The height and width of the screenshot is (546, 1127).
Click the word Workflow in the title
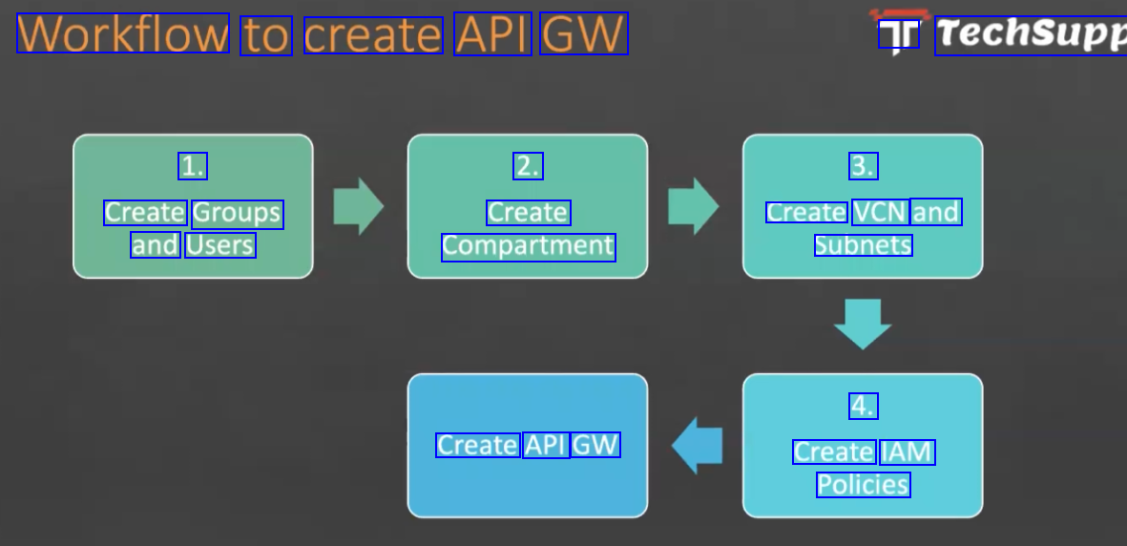coord(123,33)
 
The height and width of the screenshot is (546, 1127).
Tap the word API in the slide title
coord(492,33)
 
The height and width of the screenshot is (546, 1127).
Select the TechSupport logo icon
coord(899,34)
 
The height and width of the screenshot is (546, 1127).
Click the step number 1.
coord(193,166)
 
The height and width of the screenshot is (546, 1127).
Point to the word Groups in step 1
coord(238,213)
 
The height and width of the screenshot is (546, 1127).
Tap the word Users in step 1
coord(220,245)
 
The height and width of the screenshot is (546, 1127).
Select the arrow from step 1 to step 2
coord(358,206)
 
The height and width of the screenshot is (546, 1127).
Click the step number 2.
coord(528,166)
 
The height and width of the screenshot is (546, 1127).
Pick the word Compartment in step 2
coord(529,246)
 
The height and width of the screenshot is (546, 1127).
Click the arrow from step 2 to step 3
coord(693,206)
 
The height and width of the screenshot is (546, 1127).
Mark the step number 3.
coord(864,166)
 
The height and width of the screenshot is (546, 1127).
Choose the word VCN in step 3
coord(880,212)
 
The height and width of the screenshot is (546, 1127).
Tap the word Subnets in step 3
coord(864,245)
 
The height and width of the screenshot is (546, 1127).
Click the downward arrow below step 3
coord(863,324)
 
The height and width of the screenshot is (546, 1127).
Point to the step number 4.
coord(864,406)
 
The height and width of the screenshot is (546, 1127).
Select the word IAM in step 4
coord(907,451)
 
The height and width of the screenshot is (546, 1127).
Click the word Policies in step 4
coord(864,485)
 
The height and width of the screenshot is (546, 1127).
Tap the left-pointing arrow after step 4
coord(698,446)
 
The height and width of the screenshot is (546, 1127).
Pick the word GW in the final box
coord(596,445)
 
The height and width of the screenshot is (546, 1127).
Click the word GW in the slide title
coord(584,33)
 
